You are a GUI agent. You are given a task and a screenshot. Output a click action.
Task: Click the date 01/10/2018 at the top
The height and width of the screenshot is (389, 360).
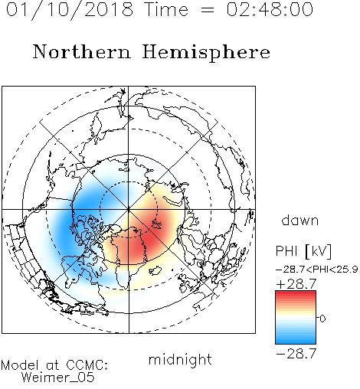click(70, 9)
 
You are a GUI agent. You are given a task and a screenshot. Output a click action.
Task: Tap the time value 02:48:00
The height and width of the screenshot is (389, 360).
click(270, 9)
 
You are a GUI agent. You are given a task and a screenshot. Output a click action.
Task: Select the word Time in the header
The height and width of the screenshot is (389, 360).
click(166, 9)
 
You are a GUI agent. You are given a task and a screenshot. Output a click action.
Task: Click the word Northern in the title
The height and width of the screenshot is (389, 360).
click(82, 51)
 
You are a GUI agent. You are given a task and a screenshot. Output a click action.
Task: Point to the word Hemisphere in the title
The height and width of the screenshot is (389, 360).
click(206, 52)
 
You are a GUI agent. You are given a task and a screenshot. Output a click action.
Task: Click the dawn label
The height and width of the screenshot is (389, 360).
click(300, 220)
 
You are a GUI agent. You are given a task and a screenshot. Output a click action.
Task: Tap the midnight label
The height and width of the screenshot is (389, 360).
click(180, 360)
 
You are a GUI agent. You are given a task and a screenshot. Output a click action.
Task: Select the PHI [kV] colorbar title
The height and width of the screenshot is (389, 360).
click(303, 251)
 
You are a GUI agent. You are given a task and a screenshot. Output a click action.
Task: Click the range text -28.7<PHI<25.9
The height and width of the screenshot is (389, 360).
click(316, 270)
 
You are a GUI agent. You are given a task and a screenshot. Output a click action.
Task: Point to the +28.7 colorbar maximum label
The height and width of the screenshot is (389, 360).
click(296, 284)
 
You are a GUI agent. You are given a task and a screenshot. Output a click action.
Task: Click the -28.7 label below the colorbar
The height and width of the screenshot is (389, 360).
click(296, 354)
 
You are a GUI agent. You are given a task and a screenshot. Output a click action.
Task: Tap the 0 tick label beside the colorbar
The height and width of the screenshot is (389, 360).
click(322, 319)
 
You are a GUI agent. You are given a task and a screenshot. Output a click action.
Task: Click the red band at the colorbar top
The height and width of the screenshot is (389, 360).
click(296, 295)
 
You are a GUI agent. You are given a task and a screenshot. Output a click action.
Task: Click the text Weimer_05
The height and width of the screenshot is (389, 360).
click(58, 378)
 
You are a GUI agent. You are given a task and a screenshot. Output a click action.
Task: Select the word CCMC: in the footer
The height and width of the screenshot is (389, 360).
click(87, 365)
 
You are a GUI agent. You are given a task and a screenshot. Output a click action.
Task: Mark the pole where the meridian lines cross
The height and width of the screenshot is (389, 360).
click(129, 210)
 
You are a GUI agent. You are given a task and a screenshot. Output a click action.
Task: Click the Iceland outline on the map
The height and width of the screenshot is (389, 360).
click(155, 270)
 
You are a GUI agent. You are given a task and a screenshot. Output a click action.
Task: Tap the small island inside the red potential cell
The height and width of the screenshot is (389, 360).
click(156, 224)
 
